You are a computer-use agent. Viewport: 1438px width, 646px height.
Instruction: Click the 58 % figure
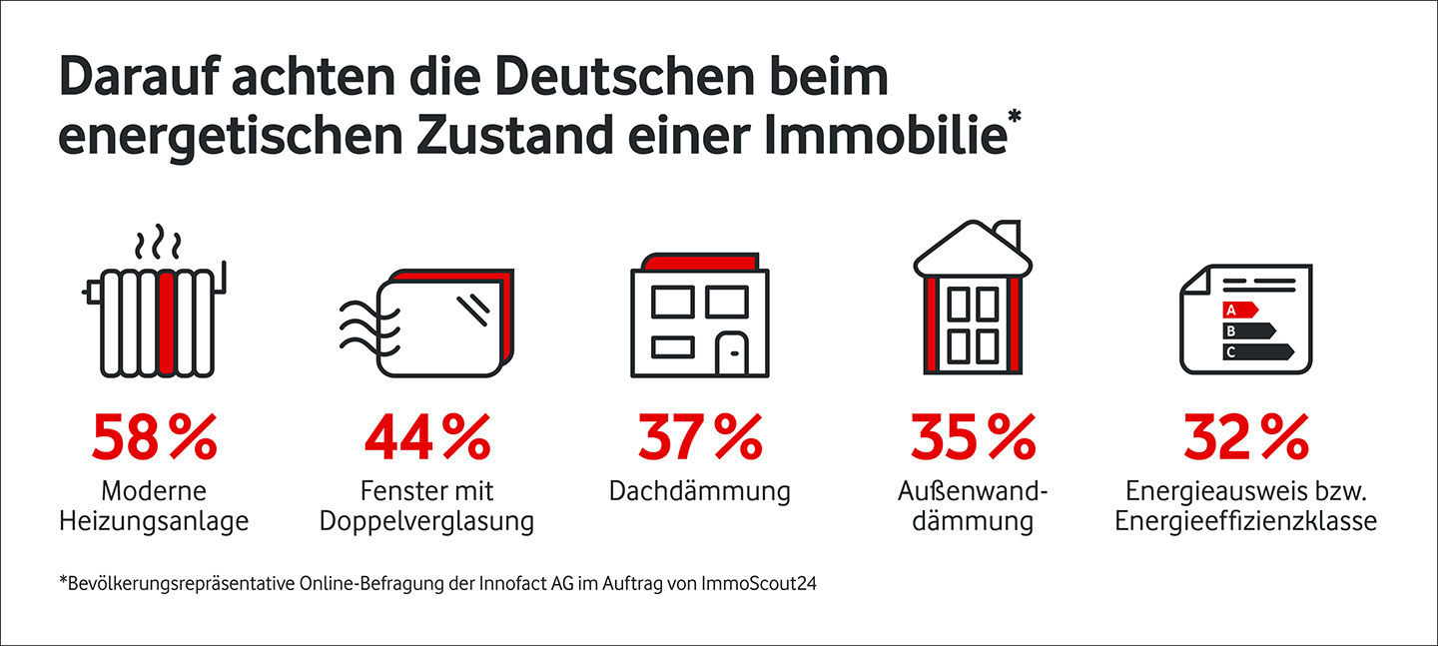pyautogui.click(x=154, y=437)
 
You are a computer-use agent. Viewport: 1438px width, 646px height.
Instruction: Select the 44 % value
pyautogui.click(x=426, y=437)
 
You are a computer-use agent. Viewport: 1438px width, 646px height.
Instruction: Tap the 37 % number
pyautogui.click(x=699, y=437)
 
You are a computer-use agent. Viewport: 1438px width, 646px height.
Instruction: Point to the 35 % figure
pyautogui.click(x=972, y=437)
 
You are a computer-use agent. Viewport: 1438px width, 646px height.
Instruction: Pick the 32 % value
pyautogui.click(x=1245, y=437)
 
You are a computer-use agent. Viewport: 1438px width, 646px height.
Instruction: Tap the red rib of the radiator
pyautogui.click(x=167, y=322)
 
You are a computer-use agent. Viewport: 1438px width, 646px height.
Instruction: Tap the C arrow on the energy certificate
pyautogui.click(x=1257, y=351)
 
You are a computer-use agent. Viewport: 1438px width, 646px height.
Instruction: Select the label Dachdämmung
pyautogui.click(x=699, y=492)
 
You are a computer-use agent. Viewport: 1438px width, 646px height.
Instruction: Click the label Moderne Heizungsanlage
pyautogui.click(x=154, y=506)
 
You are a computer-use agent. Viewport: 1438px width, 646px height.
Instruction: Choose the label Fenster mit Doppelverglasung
pyautogui.click(x=426, y=506)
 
